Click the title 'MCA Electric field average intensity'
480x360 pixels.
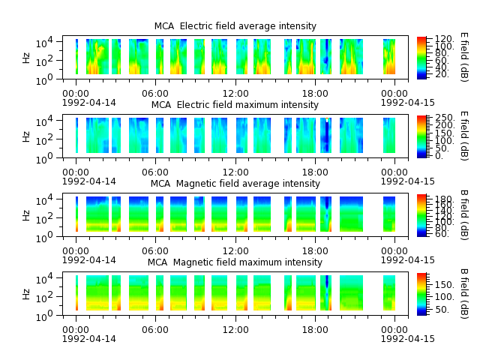(235, 26)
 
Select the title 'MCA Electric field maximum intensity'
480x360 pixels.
(235, 105)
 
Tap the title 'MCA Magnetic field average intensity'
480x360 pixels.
(235, 184)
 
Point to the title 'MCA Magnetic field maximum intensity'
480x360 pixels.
(235, 262)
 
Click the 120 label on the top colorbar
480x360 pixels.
(445, 39)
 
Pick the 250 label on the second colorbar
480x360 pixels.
(445, 118)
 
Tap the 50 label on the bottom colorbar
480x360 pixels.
(442, 310)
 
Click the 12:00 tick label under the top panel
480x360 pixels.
(235, 94)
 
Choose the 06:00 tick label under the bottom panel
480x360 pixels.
(155, 330)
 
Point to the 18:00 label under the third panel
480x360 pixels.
(315, 251)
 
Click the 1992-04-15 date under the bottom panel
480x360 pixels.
(408, 339)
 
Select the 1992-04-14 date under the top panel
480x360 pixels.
(89, 103)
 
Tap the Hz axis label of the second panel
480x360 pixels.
(26, 136)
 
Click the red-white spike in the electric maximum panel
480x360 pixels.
(327, 120)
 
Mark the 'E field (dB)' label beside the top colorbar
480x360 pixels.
(464, 57)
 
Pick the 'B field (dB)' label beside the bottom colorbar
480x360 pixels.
(464, 294)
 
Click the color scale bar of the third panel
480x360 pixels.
(421, 215)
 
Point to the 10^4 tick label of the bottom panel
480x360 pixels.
(44, 279)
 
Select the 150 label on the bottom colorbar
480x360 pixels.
(445, 285)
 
